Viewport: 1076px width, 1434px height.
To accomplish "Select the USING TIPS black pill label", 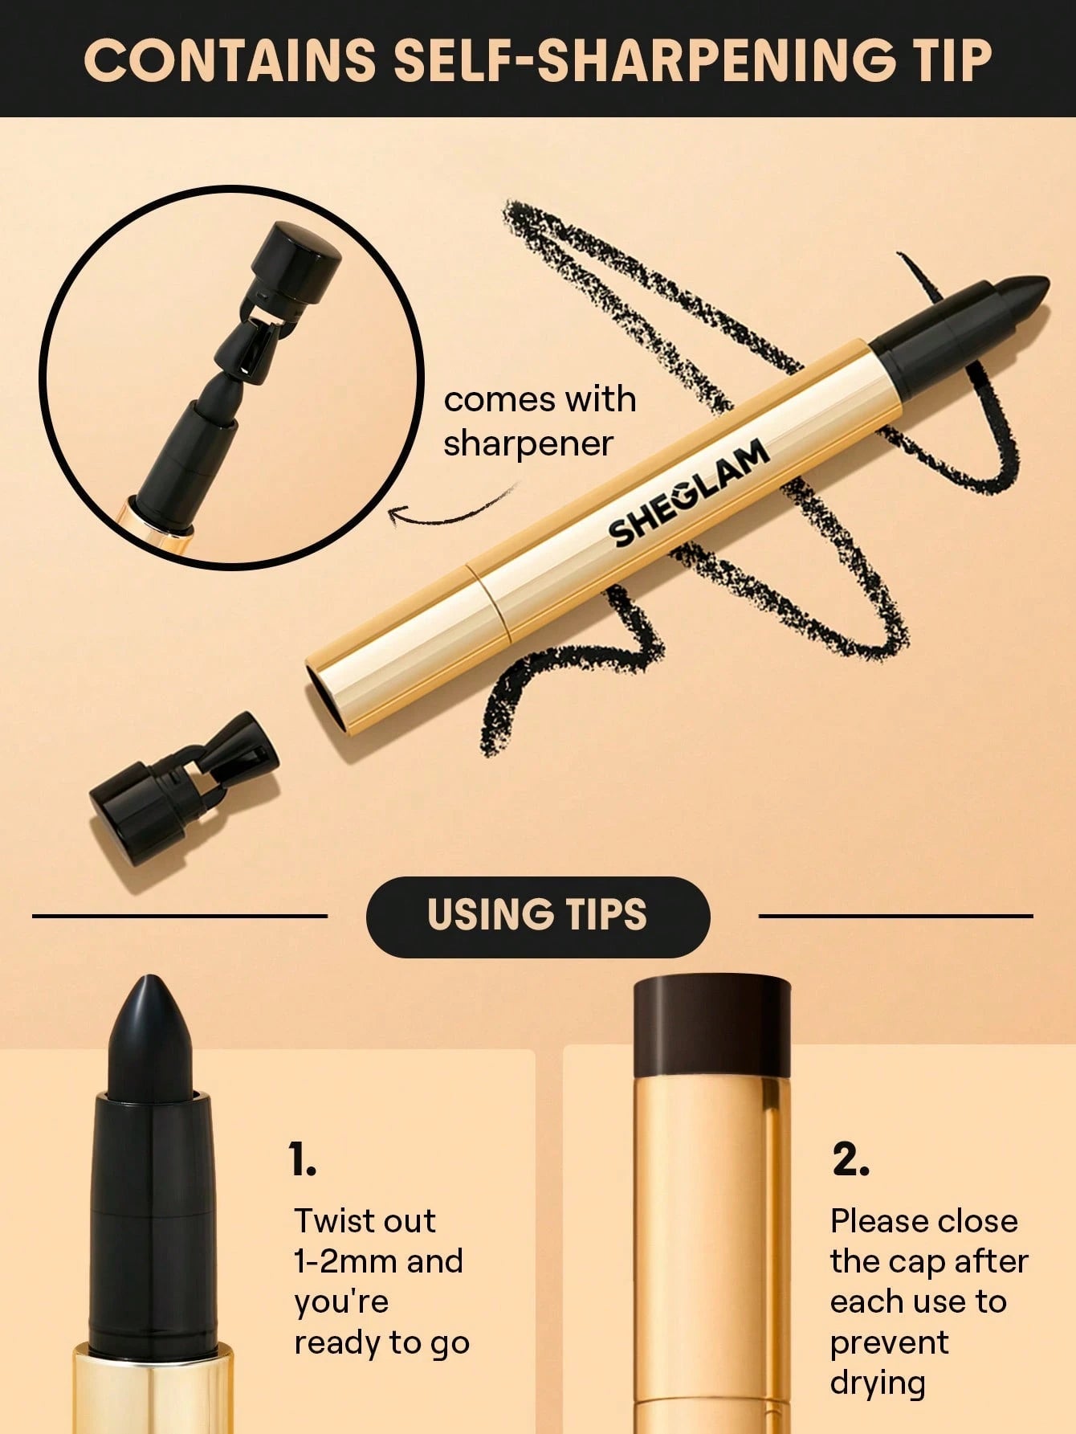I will (537, 916).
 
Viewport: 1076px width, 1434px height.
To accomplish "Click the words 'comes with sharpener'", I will (539, 421).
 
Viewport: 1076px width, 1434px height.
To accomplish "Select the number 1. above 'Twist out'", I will (303, 1159).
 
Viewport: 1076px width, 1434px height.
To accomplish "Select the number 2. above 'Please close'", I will (850, 1159).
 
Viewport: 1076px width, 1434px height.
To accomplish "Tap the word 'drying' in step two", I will (878, 1383).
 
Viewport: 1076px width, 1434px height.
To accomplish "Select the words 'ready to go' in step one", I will (381, 1342).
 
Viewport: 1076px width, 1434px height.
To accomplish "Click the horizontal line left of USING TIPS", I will (180, 915).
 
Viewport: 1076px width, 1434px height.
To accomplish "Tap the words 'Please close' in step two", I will (923, 1221).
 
